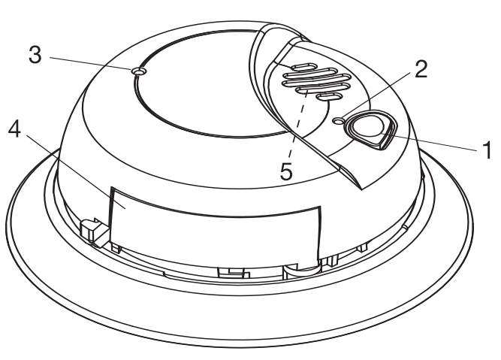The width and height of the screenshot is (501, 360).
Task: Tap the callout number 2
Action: [421, 70]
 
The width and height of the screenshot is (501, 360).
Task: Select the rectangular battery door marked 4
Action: [218, 222]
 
